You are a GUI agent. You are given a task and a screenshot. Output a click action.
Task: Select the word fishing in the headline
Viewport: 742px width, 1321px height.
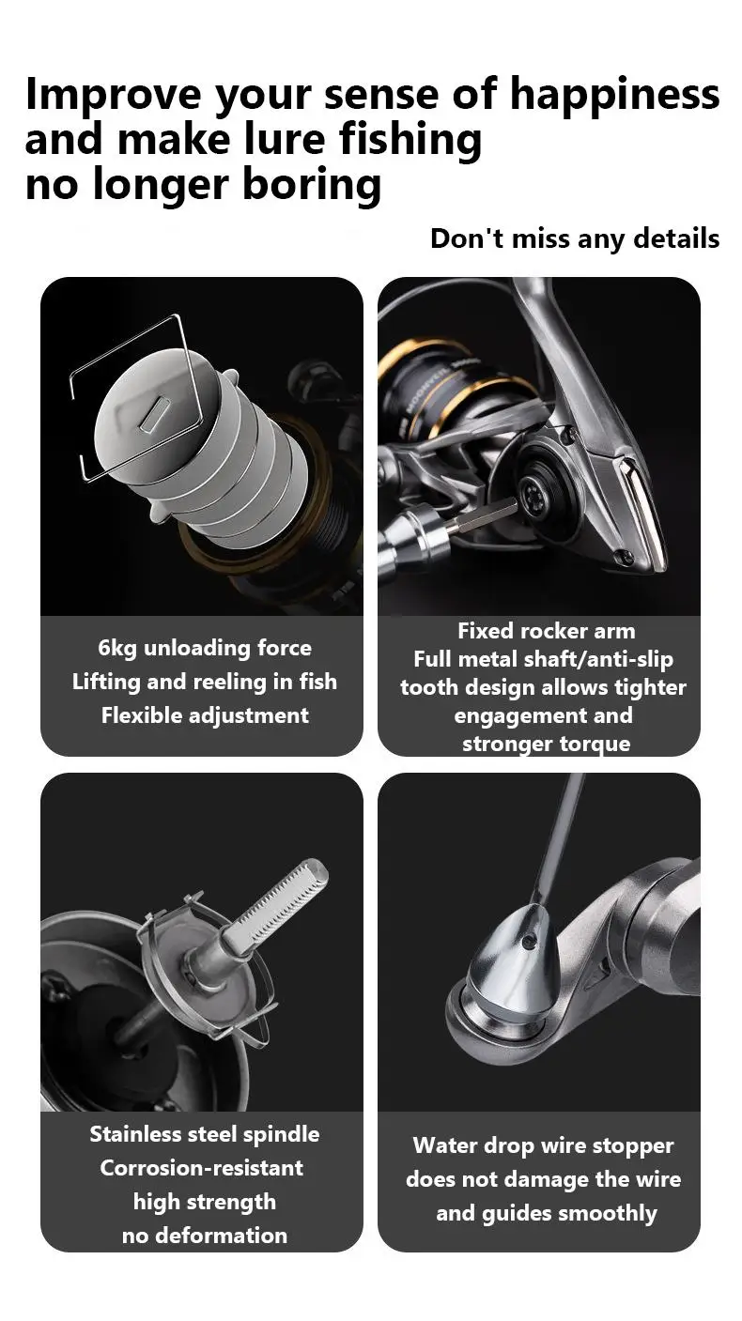410,140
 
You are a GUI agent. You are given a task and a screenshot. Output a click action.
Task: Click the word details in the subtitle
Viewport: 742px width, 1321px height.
676,238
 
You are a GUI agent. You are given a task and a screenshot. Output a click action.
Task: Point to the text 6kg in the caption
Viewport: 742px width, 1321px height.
116,649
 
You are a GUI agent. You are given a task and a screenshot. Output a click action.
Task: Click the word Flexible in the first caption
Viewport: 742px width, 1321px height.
139,715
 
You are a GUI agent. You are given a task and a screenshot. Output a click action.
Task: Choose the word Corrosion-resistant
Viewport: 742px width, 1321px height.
202,1168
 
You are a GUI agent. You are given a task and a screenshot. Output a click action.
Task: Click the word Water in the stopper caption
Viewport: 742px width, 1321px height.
440,1145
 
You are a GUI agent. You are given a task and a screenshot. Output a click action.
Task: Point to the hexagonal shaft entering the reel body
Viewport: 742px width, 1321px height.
484,513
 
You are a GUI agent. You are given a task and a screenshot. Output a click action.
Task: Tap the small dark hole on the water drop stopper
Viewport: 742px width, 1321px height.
529,942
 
